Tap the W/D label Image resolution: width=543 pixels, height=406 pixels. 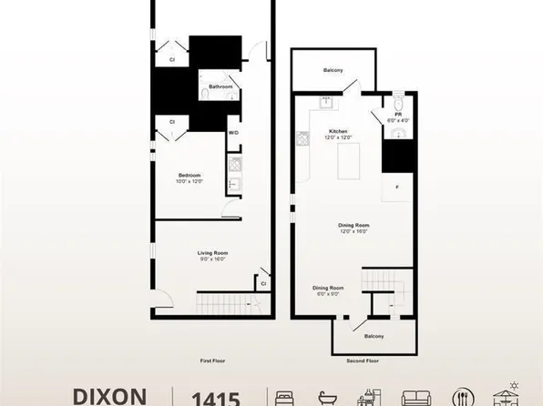pyautogui.click(x=233, y=133)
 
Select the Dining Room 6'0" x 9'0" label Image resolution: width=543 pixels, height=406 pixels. pyautogui.click(x=327, y=289)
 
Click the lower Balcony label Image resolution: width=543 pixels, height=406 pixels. pyautogui.click(x=374, y=336)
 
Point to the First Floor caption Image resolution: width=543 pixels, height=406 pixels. pyautogui.click(x=212, y=360)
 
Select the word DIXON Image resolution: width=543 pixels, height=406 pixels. pyautogui.click(x=109, y=397)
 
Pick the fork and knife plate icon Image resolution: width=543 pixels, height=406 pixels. pyautogui.click(x=460, y=398)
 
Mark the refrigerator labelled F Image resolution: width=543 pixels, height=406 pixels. pyautogui.click(x=396, y=187)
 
